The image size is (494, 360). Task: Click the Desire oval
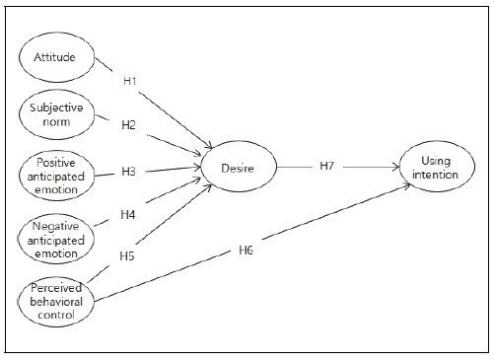click(239, 169)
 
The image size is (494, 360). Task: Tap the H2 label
click(129, 126)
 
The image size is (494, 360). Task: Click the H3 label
click(129, 172)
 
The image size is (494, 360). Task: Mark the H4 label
click(128, 213)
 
